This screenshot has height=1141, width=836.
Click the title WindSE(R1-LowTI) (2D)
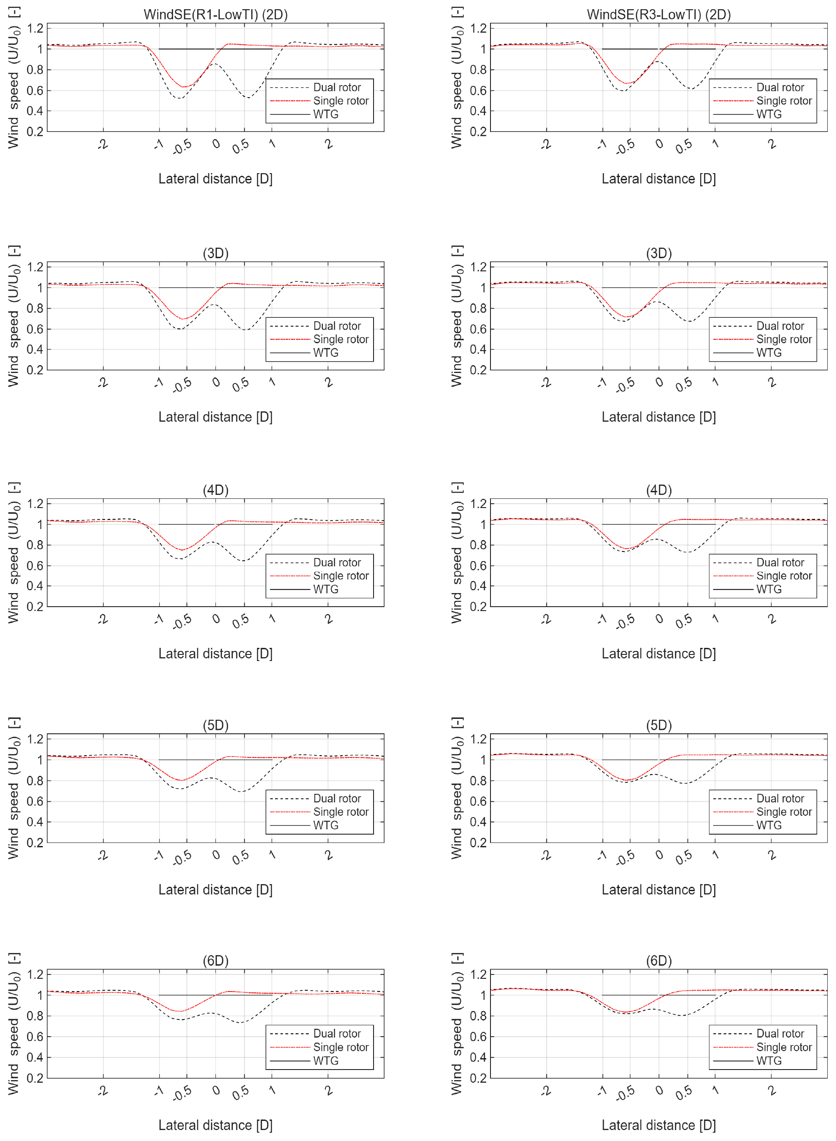[215, 14]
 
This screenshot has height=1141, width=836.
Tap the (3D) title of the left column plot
[215, 253]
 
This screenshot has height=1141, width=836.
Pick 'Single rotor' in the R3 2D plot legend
[783, 101]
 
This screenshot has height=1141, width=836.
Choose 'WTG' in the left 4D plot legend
[325, 589]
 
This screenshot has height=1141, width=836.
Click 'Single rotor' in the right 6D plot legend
[783, 1047]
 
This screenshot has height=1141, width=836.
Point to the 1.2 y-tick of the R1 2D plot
[35, 28]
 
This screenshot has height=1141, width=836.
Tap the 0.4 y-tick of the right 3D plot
[478, 349]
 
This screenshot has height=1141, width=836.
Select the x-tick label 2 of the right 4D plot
[772, 619]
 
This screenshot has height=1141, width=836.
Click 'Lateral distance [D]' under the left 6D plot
[215, 1125]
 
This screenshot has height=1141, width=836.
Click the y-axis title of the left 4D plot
[14, 553]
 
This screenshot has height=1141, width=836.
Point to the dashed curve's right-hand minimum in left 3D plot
[245, 330]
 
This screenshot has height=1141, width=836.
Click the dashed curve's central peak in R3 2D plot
[657, 61]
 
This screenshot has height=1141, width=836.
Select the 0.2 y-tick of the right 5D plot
[478, 842]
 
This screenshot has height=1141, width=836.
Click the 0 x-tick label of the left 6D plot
[216, 1090]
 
